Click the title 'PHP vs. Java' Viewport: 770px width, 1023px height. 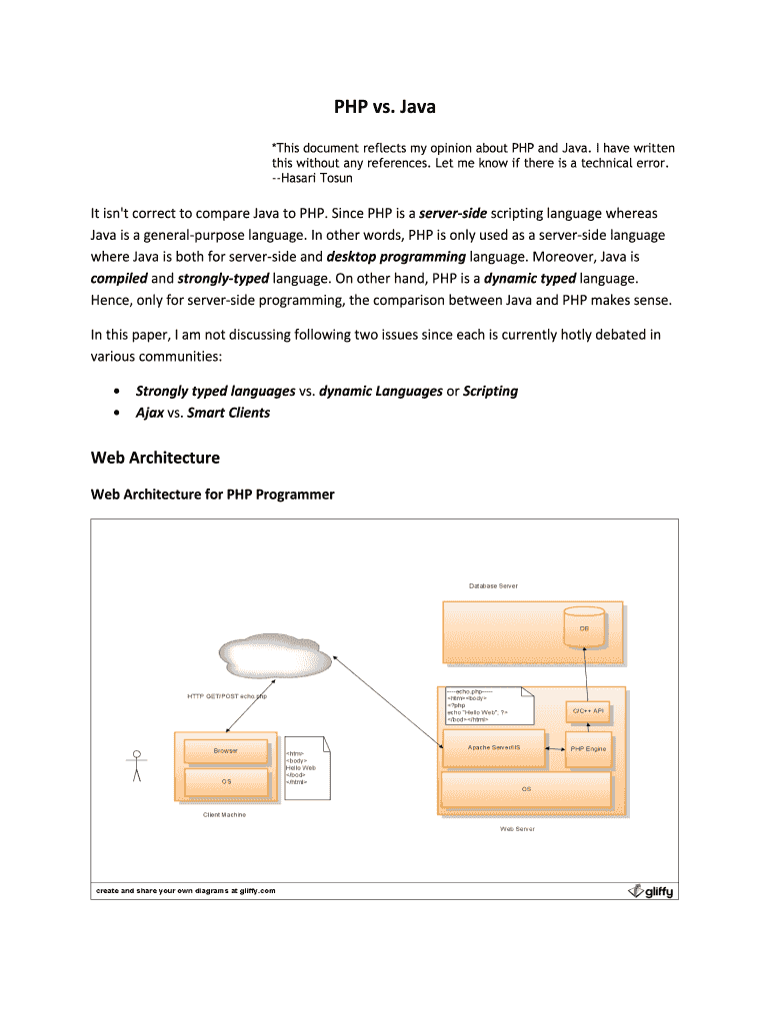(x=385, y=105)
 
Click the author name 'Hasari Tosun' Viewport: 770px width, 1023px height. (x=317, y=179)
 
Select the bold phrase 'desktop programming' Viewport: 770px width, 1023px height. (x=397, y=257)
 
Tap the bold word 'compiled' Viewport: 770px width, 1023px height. (x=119, y=278)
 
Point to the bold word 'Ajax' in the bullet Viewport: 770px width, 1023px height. (x=150, y=413)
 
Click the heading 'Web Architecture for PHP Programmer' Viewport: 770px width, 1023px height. (x=212, y=494)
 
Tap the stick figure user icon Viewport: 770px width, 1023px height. (x=137, y=765)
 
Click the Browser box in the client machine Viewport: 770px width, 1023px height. (x=226, y=749)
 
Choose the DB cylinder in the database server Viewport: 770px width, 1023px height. (x=584, y=627)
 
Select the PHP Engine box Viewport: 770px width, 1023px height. (x=588, y=748)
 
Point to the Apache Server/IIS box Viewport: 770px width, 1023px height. (x=494, y=747)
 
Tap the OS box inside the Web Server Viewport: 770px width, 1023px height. (x=526, y=789)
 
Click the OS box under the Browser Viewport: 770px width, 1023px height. (x=226, y=781)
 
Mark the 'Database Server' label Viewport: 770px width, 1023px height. (x=493, y=585)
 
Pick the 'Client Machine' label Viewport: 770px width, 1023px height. (x=224, y=814)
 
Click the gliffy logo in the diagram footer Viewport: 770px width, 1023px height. (x=650, y=891)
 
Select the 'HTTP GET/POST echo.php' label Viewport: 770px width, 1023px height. (x=227, y=695)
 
